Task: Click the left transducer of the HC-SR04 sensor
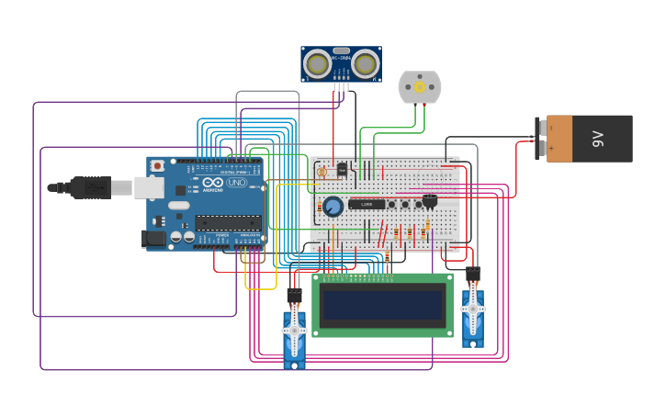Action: click(x=318, y=64)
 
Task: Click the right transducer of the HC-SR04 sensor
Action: click(x=365, y=64)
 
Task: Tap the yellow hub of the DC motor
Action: click(x=420, y=87)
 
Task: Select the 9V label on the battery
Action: click(x=598, y=139)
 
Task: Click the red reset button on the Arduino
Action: click(x=157, y=166)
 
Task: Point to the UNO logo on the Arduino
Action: click(x=237, y=183)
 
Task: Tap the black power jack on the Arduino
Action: click(x=155, y=239)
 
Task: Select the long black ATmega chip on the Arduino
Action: click(x=227, y=222)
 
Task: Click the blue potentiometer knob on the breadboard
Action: click(x=333, y=207)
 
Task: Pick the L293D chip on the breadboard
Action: click(x=367, y=204)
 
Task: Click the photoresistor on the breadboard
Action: click(x=322, y=171)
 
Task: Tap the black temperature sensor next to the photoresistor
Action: click(x=342, y=169)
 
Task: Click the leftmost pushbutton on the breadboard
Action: click(x=392, y=204)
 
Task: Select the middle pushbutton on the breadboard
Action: click(x=405, y=204)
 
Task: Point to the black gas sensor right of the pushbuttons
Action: click(x=429, y=200)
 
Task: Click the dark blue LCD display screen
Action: click(x=382, y=305)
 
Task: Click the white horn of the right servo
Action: click(x=472, y=309)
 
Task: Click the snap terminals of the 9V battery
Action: click(x=541, y=139)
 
